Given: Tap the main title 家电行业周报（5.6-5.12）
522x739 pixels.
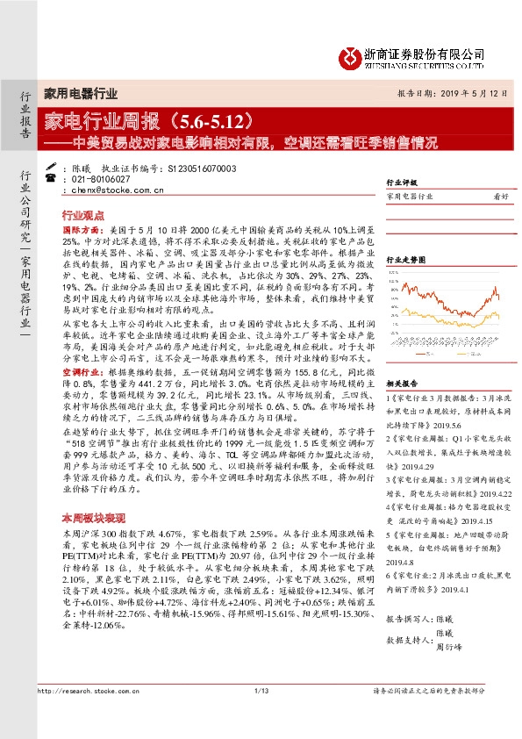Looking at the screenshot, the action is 166,118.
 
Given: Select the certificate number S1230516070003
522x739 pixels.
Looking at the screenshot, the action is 201,167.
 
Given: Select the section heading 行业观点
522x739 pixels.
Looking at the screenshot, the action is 83,214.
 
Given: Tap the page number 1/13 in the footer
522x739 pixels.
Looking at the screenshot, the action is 261,719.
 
